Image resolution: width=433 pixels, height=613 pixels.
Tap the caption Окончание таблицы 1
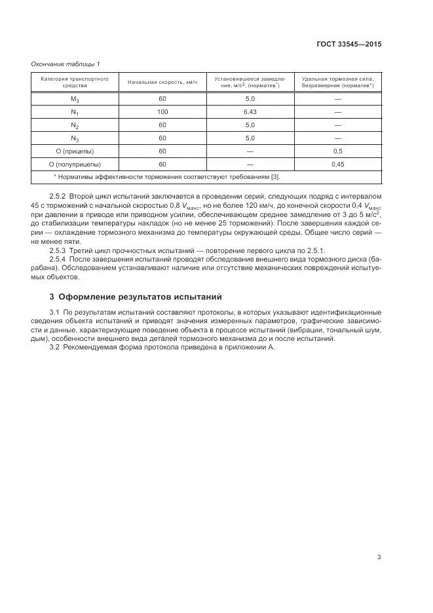click(x=66, y=64)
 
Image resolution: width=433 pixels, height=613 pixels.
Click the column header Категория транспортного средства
click(x=75, y=82)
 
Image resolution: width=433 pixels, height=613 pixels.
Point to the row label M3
click(x=75, y=99)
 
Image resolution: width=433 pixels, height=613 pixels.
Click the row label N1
click(x=75, y=112)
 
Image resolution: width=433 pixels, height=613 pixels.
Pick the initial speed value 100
click(x=162, y=112)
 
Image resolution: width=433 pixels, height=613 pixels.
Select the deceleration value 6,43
click(x=250, y=112)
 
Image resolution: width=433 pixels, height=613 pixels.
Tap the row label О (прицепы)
click(x=75, y=151)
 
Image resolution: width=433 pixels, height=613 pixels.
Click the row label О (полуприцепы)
click(x=75, y=165)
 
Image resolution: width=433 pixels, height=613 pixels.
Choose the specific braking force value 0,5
click(x=337, y=151)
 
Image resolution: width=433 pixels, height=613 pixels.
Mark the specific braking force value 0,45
click(x=337, y=165)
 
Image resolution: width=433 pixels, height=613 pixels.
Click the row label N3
click(x=75, y=138)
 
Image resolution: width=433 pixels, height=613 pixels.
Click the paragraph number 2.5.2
click(x=59, y=197)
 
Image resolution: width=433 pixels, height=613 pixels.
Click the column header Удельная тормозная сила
click(x=337, y=82)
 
